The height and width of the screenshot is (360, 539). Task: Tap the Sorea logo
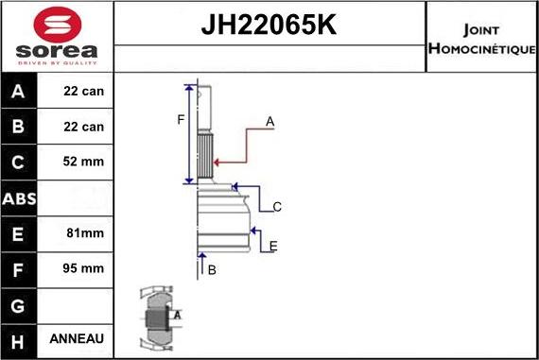(x=57, y=37)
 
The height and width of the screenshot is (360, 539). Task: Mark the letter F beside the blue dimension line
(x=181, y=120)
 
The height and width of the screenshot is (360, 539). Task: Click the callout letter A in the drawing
(x=269, y=122)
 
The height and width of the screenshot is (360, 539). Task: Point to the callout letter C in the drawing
(x=277, y=207)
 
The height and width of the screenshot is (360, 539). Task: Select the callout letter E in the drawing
(x=273, y=247)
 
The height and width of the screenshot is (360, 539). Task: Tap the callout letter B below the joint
(x=212, y=270)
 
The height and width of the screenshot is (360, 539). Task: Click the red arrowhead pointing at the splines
(x=217, y=163)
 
